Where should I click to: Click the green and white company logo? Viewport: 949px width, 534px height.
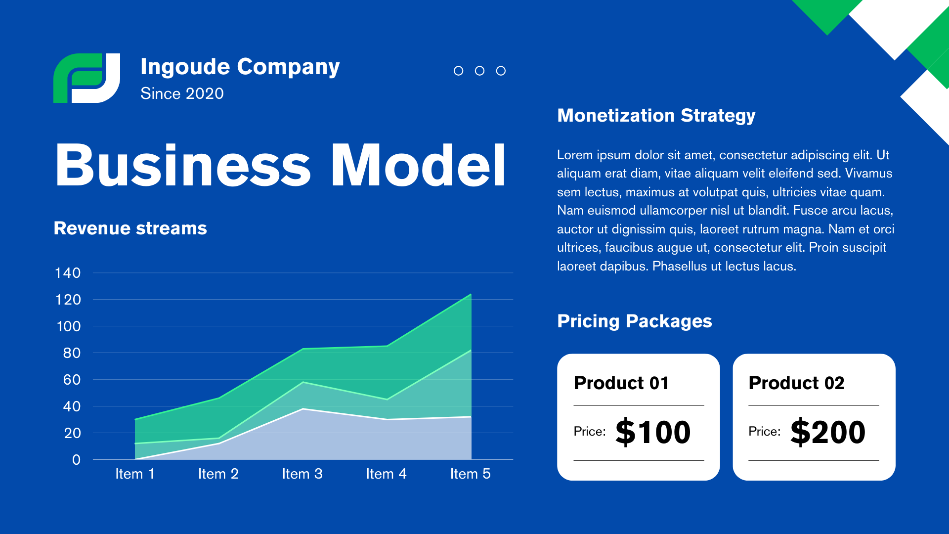click(x=86, y=78)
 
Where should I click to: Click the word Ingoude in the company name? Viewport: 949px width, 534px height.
click(x=185, y=67)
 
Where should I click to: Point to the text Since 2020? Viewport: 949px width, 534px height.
click(x=182, y=93)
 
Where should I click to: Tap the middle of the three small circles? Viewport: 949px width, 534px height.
click(x=479, y=71)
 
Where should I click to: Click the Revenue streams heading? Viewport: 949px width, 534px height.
click(x=130, y=228)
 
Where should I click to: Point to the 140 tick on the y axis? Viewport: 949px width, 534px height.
click(x=68, y=273)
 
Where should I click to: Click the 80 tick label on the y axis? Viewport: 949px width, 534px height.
click(x=72, y=353)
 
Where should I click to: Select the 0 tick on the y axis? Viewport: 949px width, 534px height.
click(x=76, y=460)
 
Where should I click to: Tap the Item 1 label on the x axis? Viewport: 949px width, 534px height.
click(x=135, y=474)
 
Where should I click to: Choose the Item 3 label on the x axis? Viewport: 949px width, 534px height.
click(x=302, y=474)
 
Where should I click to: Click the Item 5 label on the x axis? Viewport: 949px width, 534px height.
click(x=471, y=474)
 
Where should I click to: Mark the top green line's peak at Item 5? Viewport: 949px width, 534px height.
click(x=471, y=295)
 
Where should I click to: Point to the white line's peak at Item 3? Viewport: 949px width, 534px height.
click(x=303, y=409)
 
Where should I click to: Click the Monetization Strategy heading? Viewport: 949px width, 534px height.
click(x=656, y=116)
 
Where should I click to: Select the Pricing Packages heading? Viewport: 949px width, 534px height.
click(x=635, y=321)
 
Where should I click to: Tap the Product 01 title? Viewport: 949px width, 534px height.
click(x=621, y=383)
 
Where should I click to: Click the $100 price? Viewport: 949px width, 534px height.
click(x=653, y=432)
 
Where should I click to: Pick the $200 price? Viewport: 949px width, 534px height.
click(x=828, y=432)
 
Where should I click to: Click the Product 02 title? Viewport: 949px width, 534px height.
click(x=797, y=383)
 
